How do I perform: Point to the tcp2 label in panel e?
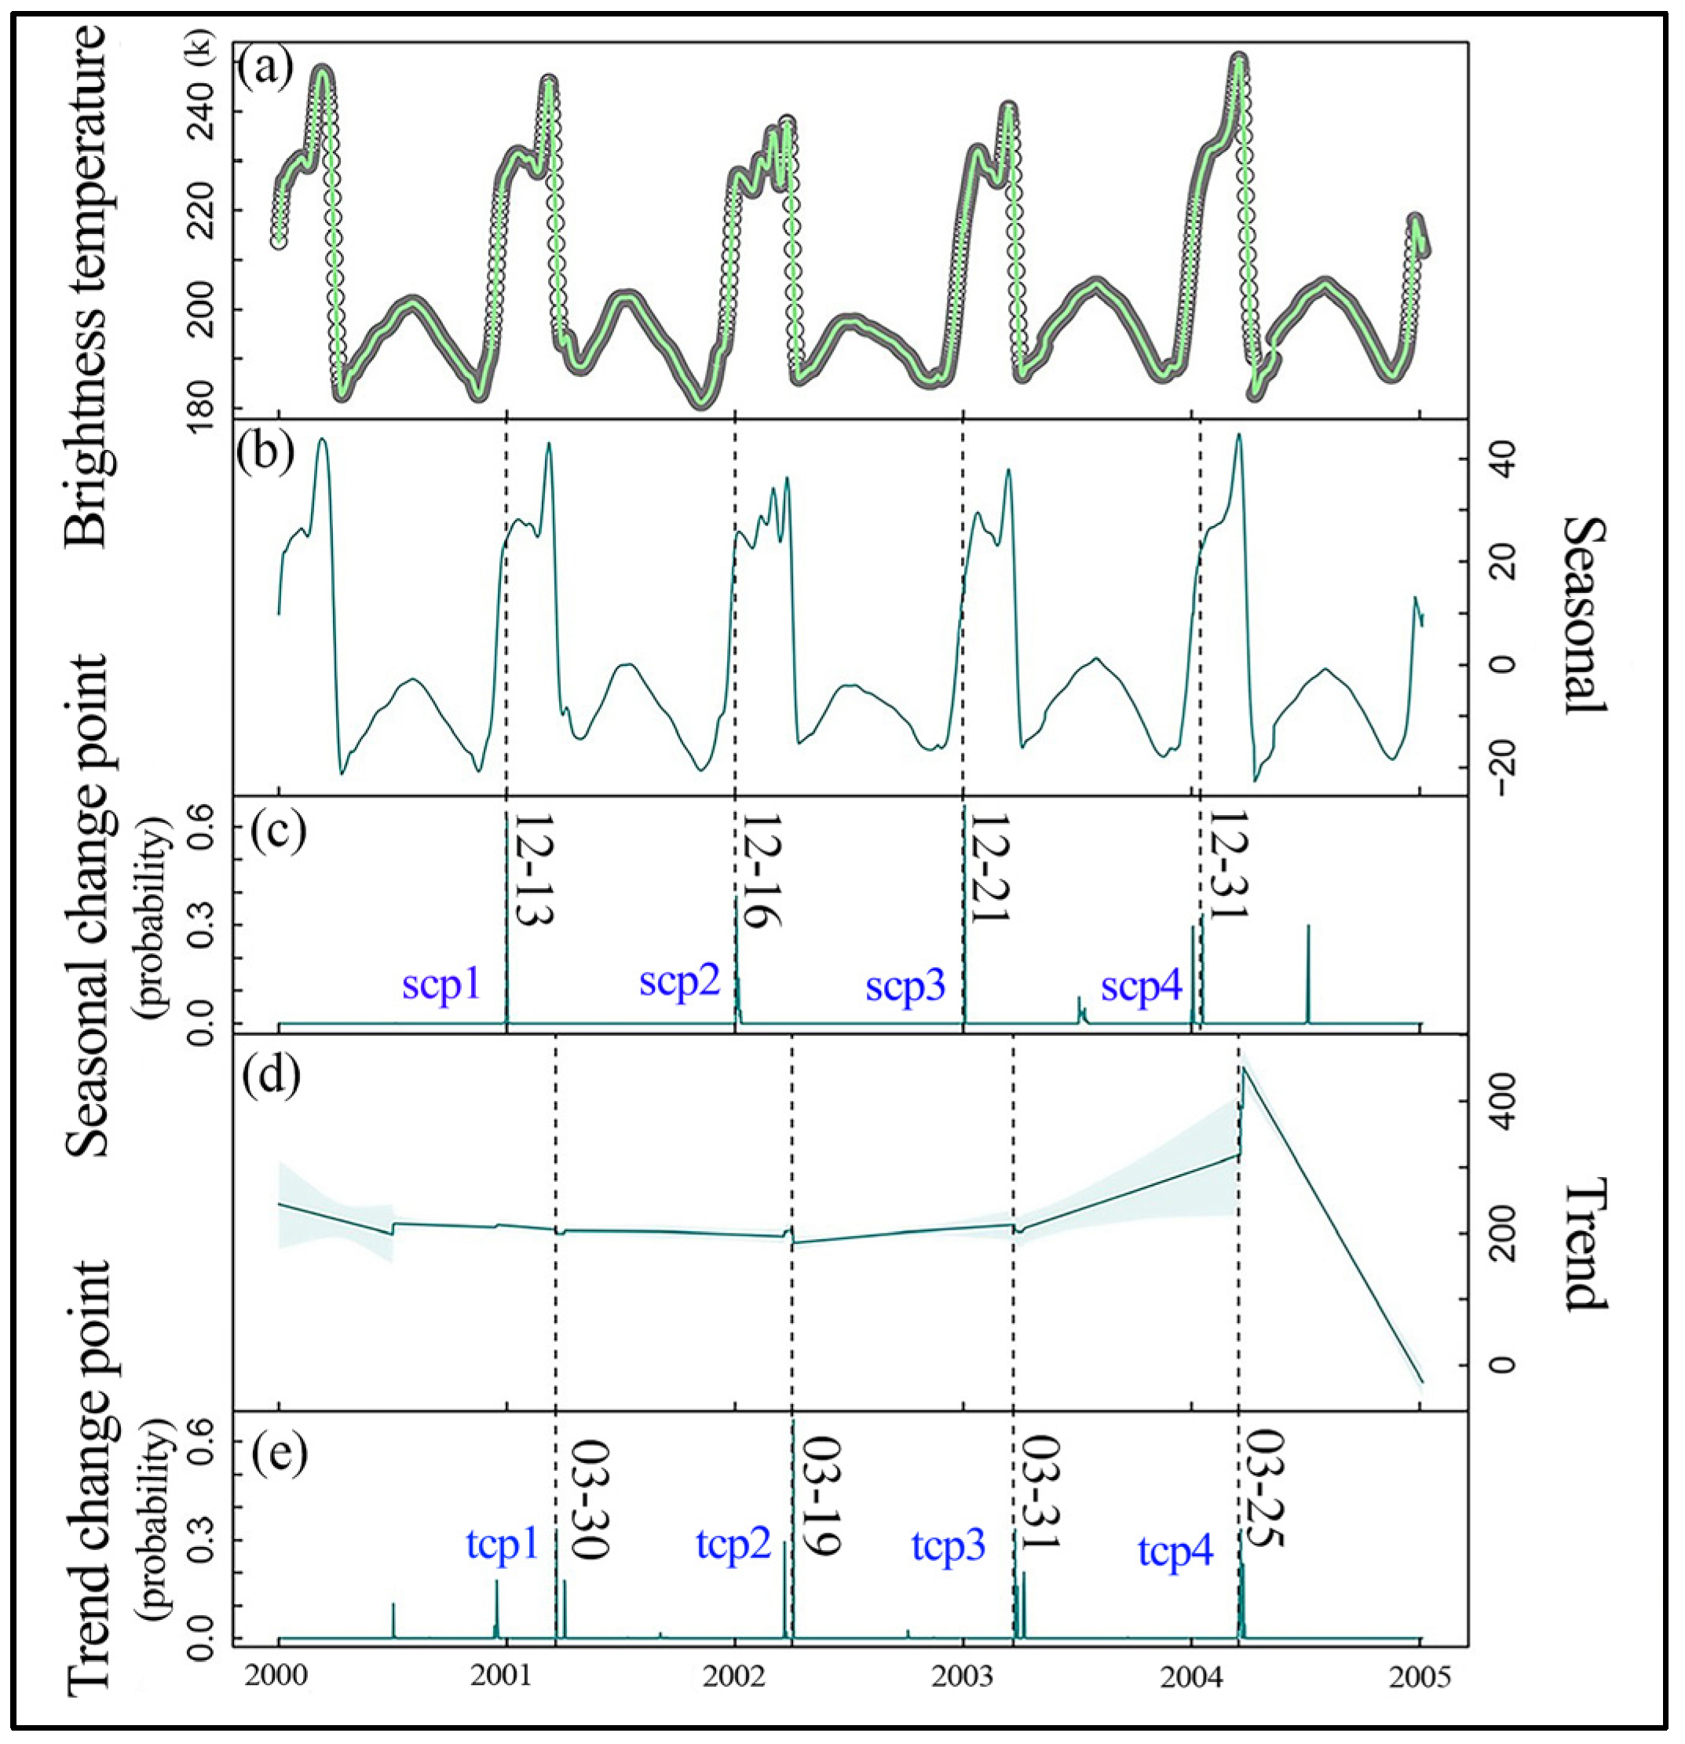click(x=733, y=1570)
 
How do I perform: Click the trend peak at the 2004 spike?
click(x=1244, y=1069)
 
